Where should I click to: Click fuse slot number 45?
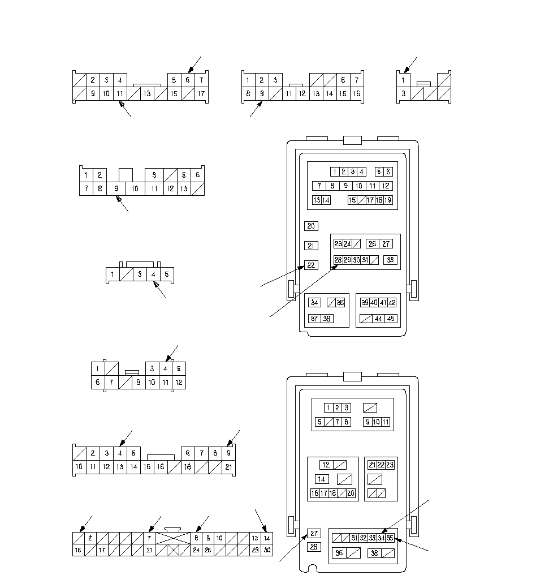coord(391,319)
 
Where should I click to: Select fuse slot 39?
coord(365,303)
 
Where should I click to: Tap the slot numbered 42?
coord(392,303)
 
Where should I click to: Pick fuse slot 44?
coord(378,319)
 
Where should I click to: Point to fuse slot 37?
coord(314,319)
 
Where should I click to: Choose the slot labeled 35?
coord(390,538)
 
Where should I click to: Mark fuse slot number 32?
coord(363,538)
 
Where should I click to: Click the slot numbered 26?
coord(372,244)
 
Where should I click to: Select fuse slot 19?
coord(388,200)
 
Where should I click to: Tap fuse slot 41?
coord(383,303)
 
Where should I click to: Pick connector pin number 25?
coord(208,550)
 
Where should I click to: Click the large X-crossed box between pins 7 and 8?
coord(174,538)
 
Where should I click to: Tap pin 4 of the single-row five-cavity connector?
coord(154,274)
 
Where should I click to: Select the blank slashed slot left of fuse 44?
coord(365,319)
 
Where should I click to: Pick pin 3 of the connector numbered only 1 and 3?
coord(403,93)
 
